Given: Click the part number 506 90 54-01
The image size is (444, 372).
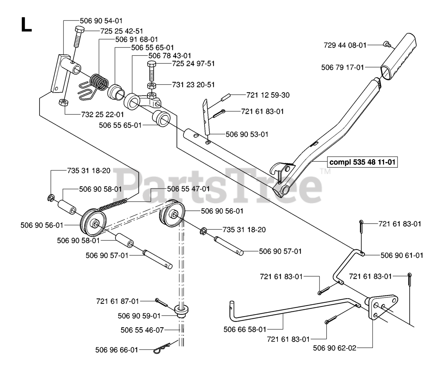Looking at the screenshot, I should (101, 21).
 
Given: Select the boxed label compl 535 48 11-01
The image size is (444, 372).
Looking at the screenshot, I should (363, 162).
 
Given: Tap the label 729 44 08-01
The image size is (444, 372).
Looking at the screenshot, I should (345, 45).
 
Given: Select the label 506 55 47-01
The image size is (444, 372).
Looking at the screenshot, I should (188, 189).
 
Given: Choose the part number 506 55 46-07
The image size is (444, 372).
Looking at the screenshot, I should (142, 330).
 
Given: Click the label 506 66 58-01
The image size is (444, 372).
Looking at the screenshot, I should (245, 330).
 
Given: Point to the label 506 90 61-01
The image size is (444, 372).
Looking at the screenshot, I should (402, 255).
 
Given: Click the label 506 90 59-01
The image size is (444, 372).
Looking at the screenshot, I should (139, 316).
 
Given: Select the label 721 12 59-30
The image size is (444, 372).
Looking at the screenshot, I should (268, 95).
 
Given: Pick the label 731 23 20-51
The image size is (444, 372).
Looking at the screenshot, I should (194, 85).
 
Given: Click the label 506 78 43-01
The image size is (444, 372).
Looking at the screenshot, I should (170, 55).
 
